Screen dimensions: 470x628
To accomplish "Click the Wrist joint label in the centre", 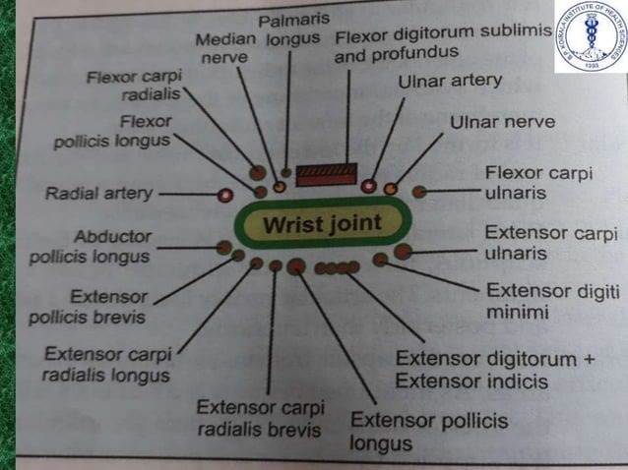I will [x=321, y=224].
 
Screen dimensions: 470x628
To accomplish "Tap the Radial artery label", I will [x=98, y=194].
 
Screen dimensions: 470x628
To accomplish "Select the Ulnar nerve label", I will [x=502, y=124].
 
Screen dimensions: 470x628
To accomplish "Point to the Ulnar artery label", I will [x=449, y=82].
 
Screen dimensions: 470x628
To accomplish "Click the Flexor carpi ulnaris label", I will [x=536, y=183].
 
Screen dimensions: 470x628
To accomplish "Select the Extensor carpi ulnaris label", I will [x=551, y=243].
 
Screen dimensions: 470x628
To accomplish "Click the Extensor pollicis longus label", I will [x=429, y=432].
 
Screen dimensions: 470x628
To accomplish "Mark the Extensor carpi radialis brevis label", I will [x=261, y=418].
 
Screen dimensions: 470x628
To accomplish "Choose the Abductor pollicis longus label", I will [x=111, y=246].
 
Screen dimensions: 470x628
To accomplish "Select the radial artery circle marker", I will [x=225, y=194].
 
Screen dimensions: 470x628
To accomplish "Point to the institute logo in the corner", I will [x=589, y=38].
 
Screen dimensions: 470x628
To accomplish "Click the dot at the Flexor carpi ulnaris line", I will [x=419, y=191].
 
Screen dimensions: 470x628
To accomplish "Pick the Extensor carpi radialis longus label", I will [x=108, y=364].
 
